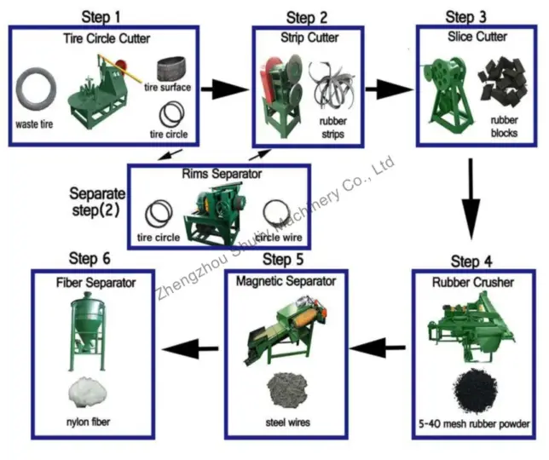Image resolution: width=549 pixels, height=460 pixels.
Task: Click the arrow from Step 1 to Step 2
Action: point(226,88)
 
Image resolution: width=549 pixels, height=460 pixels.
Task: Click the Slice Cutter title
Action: point(477,37)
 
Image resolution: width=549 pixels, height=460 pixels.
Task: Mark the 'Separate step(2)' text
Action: point(98,201)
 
